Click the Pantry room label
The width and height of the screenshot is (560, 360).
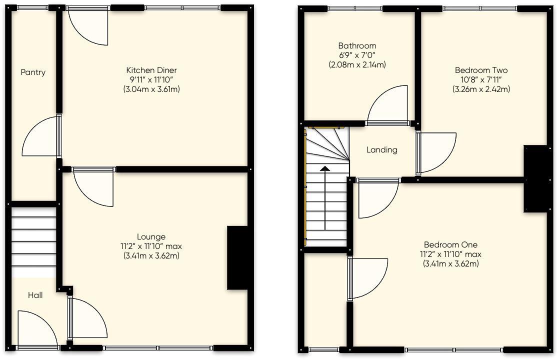pos(33,72)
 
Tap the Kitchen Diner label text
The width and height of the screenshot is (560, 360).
pos(151,70)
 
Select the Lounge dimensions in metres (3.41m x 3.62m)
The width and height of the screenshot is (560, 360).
pos(151,256)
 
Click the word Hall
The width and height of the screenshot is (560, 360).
pos(35,295)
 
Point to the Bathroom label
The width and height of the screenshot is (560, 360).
pos(357,46)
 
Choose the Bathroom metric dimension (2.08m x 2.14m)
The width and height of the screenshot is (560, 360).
pos(357,65)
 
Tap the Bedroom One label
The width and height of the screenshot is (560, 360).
pos(450,245)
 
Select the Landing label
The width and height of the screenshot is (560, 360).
pos(382,149)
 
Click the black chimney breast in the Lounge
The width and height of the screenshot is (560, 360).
pos(237,257)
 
